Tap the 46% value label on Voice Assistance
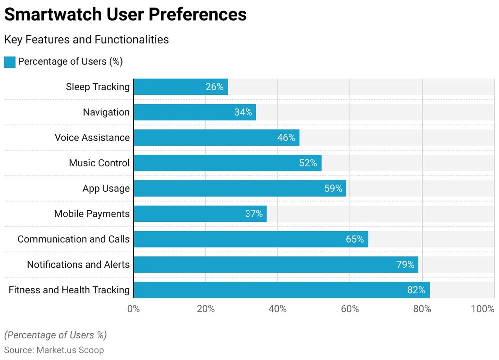click(286, 138)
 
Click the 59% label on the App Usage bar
click(333, 189)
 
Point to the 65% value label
click(355, 239)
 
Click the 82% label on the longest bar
click(416, 290)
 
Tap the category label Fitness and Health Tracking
click(69, 290)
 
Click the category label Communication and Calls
click(74, 239)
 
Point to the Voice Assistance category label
click(92, 138)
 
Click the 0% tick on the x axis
click(134, 309)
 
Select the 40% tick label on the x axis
click(278, 309)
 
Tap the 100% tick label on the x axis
click(482, 309)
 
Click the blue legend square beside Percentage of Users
click(10, 62)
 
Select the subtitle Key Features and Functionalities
click(86, 40)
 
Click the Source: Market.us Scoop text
click(54, 350)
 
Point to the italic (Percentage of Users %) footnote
click(55, 335)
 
